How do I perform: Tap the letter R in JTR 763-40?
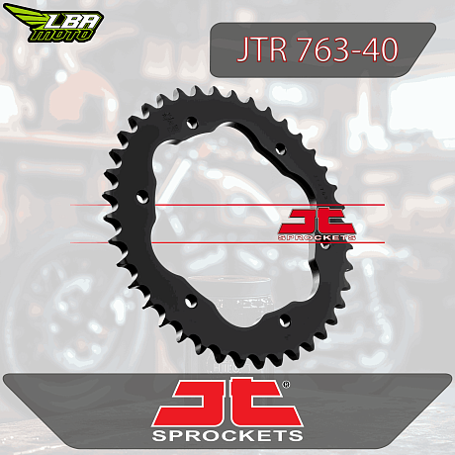point(277,49)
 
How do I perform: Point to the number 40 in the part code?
point(379,49)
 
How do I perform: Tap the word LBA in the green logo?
point(72,23)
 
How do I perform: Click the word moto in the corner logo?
point(60,36)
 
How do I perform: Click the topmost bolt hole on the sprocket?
point(192,124)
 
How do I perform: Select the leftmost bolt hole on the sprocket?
point(142,198)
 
